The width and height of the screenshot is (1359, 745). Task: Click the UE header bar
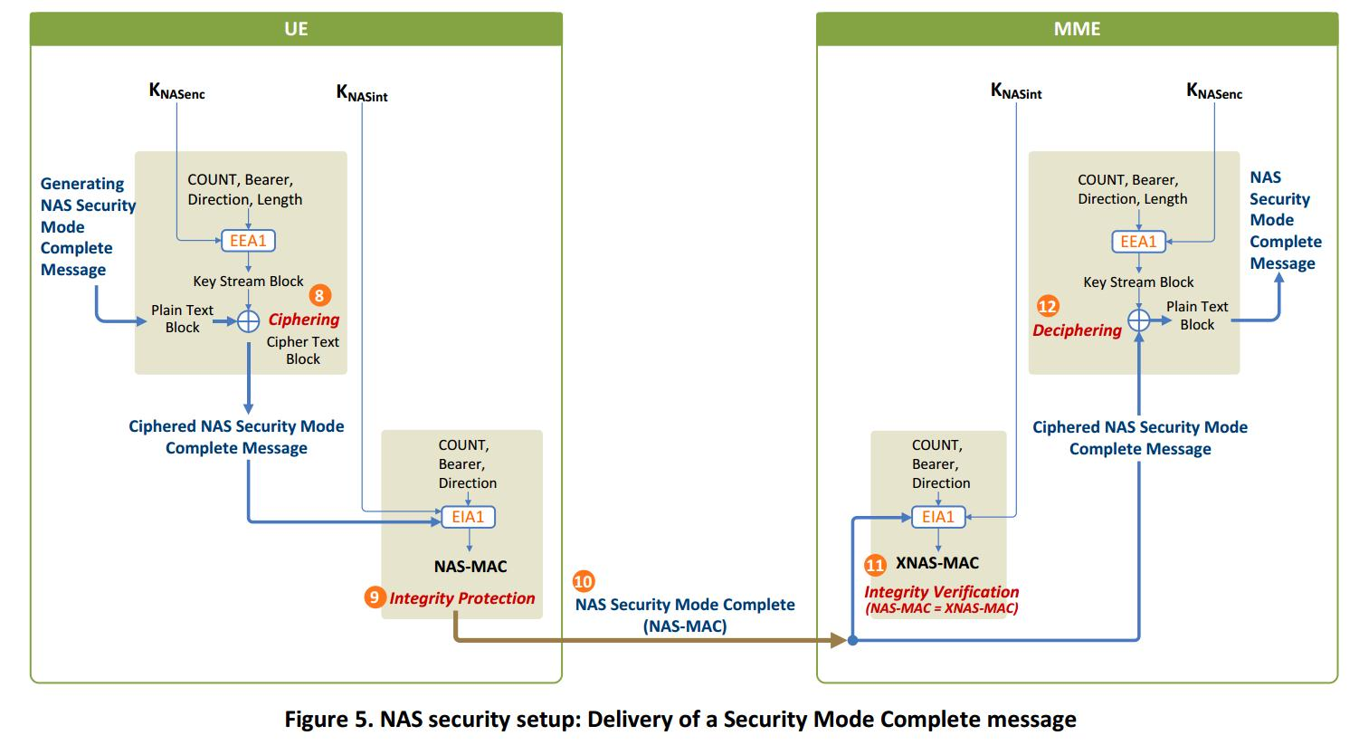[296, 29]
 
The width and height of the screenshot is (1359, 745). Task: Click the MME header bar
[1077, 29]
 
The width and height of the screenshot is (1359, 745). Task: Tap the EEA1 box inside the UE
[248, 241]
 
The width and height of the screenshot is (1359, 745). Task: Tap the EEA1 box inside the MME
[1138, 242]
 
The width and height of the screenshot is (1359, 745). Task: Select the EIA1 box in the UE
[468, 517]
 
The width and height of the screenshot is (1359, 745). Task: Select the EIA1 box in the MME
[937, 517]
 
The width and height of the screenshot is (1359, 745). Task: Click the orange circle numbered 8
[319, 295]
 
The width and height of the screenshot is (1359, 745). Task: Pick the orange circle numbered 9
[375, 597]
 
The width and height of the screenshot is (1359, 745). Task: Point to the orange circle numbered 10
[584, 581]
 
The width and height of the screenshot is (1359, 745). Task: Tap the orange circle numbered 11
[875, 565]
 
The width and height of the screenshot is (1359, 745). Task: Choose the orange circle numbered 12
[1047, 306]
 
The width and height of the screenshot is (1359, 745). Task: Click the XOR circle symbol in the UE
[248, 320]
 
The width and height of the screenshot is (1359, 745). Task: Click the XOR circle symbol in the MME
[1138, 320]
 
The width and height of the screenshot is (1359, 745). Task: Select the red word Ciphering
[304, 320]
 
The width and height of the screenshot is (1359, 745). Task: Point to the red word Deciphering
[1077, 330]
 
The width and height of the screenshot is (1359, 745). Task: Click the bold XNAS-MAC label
[937, 563]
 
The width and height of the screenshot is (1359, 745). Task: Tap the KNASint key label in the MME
[1016, 91]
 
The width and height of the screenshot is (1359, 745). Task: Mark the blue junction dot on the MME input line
[852, 641]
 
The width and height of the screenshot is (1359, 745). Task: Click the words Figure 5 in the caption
[327, 720]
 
